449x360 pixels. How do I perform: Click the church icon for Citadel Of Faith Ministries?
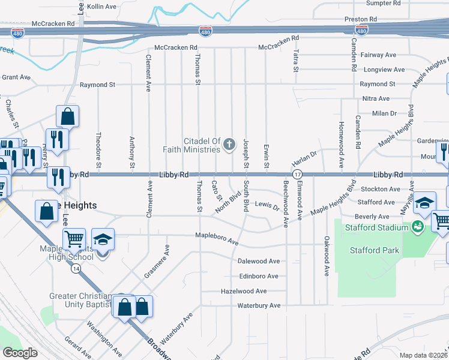coord(228,144)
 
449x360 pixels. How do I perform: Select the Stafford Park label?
coord(374,250)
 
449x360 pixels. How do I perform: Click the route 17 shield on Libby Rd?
coord(297,174)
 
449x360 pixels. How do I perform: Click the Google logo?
coord(20,353)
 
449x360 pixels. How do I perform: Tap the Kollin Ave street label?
coord(101,6)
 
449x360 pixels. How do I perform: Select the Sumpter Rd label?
coord(383,3)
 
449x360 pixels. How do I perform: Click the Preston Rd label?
coord(360,19)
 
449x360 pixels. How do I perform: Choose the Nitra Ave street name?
coord(376,98)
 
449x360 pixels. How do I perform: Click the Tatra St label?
coord(296,61)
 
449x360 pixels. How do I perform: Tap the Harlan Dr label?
coord(304,158)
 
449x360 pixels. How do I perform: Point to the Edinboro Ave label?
coord(258,276)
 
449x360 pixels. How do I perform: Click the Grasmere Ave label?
coord(156,263)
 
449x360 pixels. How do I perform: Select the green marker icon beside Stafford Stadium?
coord(417,227)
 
